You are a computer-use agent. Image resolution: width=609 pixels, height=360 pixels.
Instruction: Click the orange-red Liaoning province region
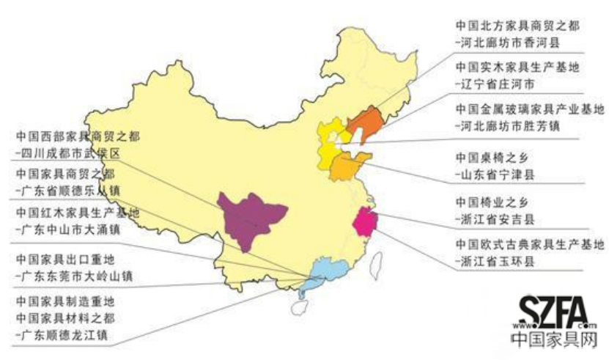click(x=364, y=121)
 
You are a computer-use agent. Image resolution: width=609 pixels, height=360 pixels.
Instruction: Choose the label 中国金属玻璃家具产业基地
click(x=528, y=110)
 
